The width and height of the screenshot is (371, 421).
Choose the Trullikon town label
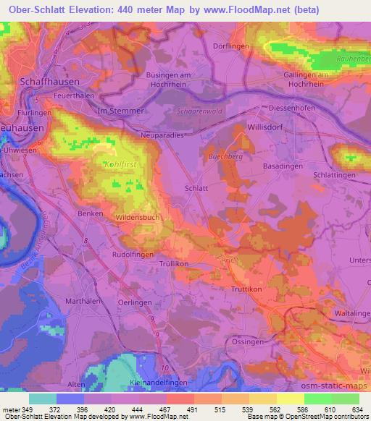click(x=173, y=264)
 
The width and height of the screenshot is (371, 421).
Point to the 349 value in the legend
click(x=27, y=410)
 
